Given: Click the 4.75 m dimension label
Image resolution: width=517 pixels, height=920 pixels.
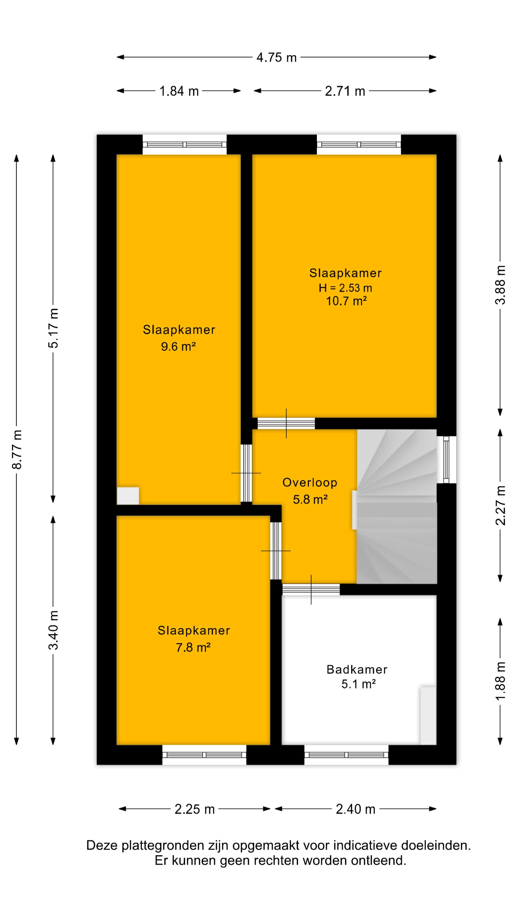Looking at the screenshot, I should (x=276, y=57).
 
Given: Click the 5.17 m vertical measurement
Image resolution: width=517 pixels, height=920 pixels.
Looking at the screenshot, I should (x=54, y=328).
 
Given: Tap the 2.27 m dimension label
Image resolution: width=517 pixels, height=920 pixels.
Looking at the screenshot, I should (x=500, y=505).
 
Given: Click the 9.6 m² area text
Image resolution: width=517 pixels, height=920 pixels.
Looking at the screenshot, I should (x=178, y=346).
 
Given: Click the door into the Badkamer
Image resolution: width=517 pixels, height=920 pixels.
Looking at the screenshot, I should (x=311, y=589).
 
